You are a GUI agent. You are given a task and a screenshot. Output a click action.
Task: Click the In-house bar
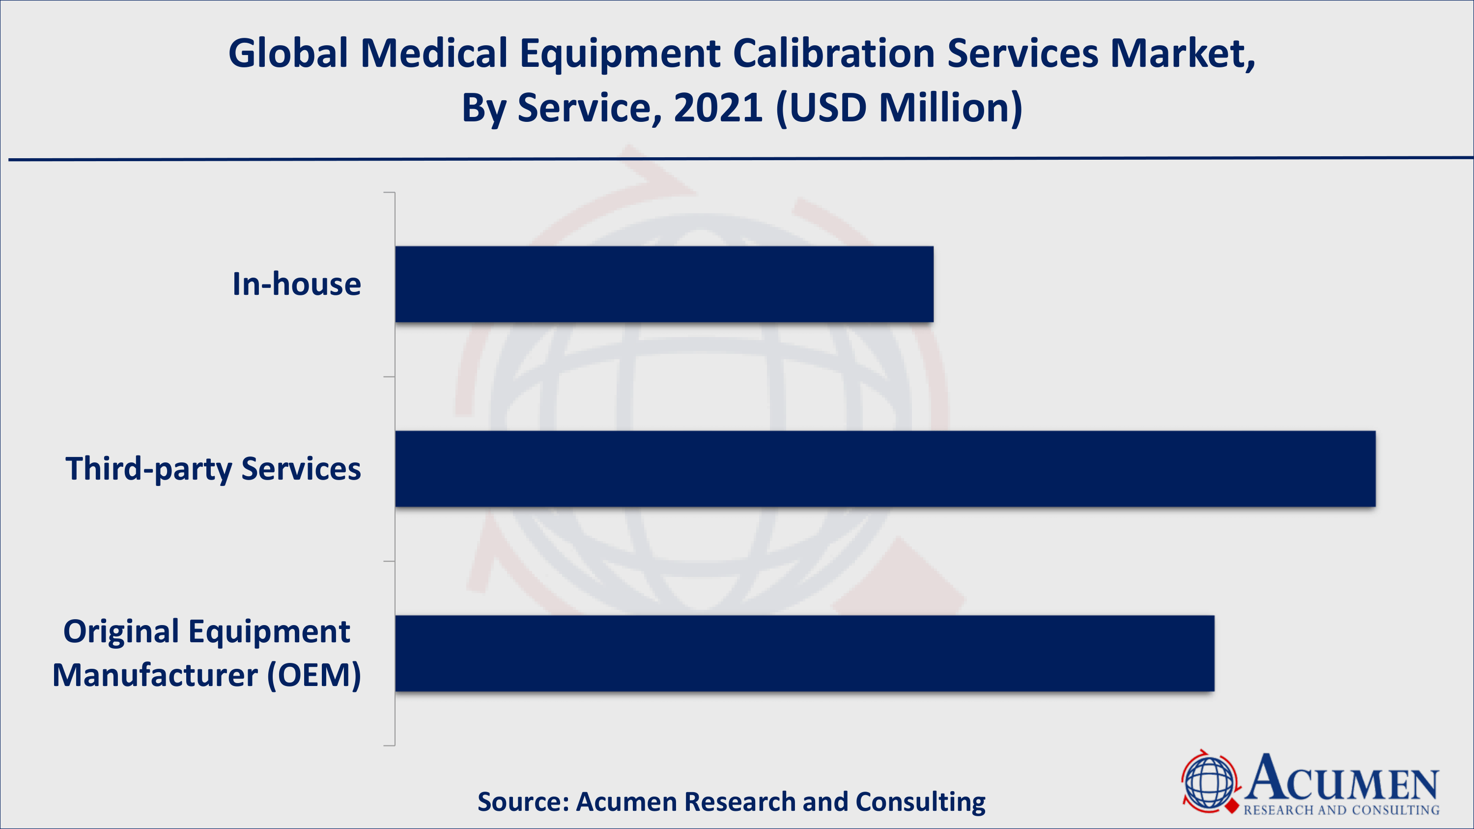(664, 285)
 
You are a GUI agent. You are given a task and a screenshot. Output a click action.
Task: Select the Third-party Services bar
(884, 469)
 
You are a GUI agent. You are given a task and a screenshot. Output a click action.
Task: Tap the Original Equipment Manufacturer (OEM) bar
(804, 654)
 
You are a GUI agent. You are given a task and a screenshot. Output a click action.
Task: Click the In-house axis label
(296, 285)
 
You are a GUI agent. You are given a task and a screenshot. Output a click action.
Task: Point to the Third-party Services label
(213, 469)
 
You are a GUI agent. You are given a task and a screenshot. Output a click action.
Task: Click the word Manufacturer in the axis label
(154, 675)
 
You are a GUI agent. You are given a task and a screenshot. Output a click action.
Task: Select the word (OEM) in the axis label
(314, 675)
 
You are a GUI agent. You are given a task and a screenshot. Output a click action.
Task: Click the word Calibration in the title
(834, 54)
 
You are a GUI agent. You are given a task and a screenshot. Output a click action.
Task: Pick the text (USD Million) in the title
(898, 108)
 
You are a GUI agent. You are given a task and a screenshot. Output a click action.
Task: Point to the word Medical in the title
(434, 54)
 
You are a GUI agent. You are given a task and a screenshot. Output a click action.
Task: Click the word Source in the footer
(522, 801)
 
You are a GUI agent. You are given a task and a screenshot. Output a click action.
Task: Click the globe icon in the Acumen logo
(1209, 781)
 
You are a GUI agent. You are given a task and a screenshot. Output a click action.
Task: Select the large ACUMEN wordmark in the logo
(1342, 778)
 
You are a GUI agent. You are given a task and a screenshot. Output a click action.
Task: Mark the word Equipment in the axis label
(269, 632)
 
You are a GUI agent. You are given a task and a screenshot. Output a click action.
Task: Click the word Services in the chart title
(1022, 54)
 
